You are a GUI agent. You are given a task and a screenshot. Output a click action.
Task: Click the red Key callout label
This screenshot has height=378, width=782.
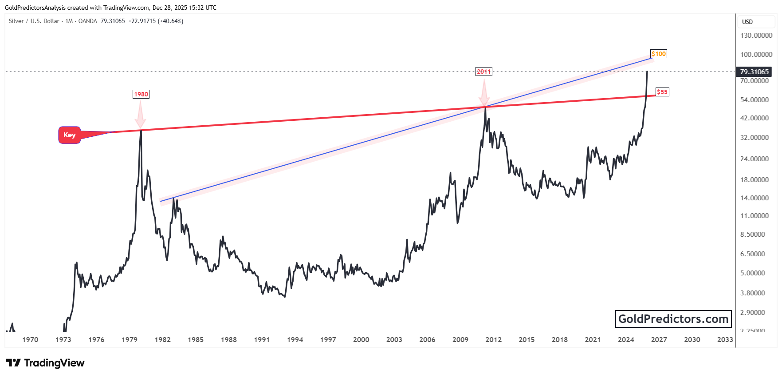point(70,135)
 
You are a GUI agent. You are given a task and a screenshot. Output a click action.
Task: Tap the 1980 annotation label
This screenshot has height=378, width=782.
point(141,94)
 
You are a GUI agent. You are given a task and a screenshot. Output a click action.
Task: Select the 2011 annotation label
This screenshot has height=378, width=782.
point(483,72)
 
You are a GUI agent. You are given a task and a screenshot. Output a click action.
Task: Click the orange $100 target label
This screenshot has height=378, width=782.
point(659,54)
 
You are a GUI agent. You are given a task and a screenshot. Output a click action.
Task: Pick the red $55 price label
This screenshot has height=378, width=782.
point(662,92)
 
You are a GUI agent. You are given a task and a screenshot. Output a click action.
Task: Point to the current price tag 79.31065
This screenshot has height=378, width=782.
point(754,72)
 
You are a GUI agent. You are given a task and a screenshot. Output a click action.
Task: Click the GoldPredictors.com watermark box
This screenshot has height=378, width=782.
point(673,319)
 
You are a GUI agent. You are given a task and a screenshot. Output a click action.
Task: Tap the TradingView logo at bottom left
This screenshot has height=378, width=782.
point(45,363)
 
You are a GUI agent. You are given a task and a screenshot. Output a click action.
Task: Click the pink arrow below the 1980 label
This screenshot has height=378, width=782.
point(141,115)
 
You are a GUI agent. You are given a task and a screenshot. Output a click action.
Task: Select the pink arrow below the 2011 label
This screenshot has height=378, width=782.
point(484,92)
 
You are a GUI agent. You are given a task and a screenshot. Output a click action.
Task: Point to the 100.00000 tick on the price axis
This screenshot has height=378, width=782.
point(756,55)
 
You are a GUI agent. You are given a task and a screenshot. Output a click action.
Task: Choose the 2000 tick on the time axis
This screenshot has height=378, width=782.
point(361,340)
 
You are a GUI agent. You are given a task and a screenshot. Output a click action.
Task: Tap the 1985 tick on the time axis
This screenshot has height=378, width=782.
point(196,340)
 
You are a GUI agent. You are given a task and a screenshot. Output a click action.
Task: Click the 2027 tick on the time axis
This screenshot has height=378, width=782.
point(659,340)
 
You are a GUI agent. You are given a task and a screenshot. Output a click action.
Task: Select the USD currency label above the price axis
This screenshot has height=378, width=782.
point(747,22)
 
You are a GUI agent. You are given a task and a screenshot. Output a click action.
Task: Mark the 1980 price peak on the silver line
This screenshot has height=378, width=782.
point(141,130)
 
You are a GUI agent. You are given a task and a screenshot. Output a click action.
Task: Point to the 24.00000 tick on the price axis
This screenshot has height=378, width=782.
point(754,159)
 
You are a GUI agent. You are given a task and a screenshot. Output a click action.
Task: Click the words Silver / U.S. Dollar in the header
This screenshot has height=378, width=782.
point(34,21)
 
